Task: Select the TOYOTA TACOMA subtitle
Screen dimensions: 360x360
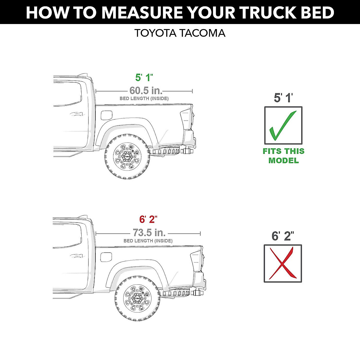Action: pyautogui.click(x=180, y=33)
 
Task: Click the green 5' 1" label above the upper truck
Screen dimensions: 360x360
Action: pyautogui.click(x=144, y=78)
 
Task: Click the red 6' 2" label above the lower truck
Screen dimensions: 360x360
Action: pyautogui.click(x=148, y=220)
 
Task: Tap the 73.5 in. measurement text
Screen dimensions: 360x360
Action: pyautogui.click(x=149, y=232)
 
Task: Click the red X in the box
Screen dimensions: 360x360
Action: pyautogui.click(x=282, y=263)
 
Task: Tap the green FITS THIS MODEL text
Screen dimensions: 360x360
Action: pyautogui.click(x=283, y=156)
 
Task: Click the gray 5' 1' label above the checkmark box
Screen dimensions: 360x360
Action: pyautogui.click(x=283, y=98)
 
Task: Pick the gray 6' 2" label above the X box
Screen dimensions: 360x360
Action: pyautogui.click(x=283, y=236)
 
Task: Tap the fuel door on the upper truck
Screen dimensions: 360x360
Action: pyautogui.click(x=106, y=115)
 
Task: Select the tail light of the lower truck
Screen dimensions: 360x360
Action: pyautogui.click(x=196, y=260)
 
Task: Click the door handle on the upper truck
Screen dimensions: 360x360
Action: pyautogui.click(x=77, y=114)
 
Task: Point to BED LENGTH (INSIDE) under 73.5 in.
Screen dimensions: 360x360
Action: pyautogui.click(x=148, y=241)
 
